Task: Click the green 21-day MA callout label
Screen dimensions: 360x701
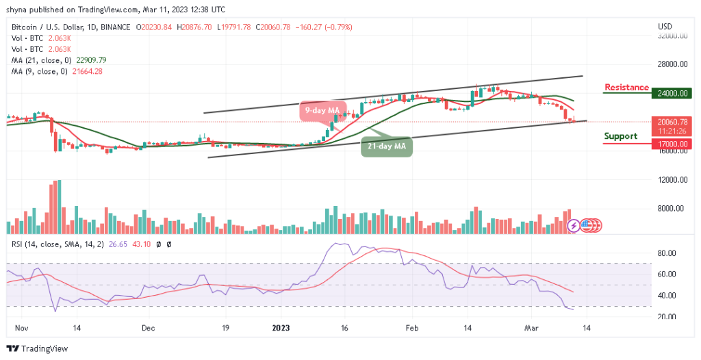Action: [387, 146]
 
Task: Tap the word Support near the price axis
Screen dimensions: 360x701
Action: [621, 136]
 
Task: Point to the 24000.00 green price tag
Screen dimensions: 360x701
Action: [672, 94]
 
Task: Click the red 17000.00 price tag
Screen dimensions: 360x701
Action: [672, 144]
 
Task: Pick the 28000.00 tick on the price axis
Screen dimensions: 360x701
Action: [672, 64]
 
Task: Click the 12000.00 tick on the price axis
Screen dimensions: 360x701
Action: [672, 180]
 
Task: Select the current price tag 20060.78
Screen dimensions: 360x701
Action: [672, 123]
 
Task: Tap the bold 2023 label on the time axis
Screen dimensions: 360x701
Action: [281, 328]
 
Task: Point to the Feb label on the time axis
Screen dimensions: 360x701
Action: [411, 328]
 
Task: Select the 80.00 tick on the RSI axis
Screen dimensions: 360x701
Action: [667, 253]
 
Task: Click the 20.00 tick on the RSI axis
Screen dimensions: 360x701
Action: [667, 317]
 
